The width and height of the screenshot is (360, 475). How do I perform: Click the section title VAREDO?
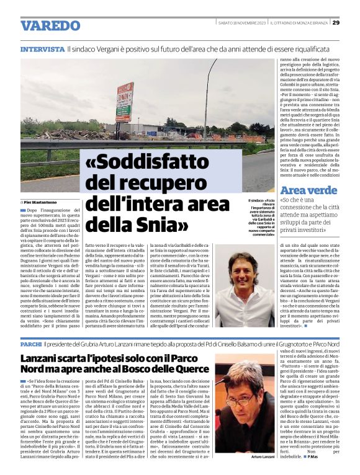tap(50, 25)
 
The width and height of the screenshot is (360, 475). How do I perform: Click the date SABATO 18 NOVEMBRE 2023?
tap(243, 23)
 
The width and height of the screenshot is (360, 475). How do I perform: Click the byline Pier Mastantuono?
tap(42, 202)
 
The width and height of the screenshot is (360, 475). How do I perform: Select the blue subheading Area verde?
tap(308, 191)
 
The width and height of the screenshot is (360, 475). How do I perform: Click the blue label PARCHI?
tap(30, 343)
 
